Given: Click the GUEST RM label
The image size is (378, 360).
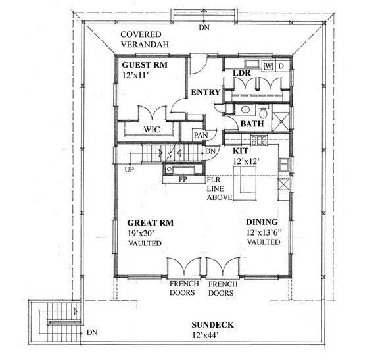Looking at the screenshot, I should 144,66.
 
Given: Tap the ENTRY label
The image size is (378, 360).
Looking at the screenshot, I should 204,92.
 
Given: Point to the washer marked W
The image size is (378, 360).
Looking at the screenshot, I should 268,66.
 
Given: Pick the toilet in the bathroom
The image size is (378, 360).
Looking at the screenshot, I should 261,109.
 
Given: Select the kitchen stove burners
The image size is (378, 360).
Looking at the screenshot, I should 258,140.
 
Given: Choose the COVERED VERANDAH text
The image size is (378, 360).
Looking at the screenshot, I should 145,39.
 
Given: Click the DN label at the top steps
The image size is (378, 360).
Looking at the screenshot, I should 204,28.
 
